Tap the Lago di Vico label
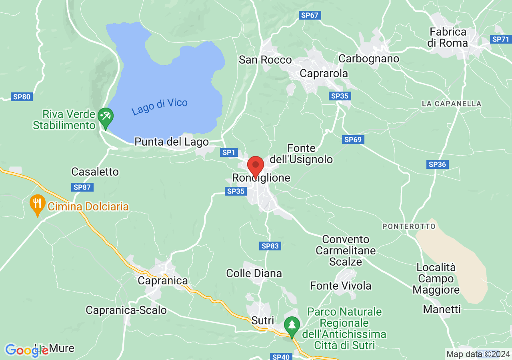pyautogui.click(x=160, y=107)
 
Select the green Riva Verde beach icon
pyautogui.click(x=106, y=117)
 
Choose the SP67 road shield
pyautogui.click(x=310, y=15)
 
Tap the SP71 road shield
pyautogui.click(x=500, y=39)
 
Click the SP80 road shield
pyautogui.click(x=22, y=96)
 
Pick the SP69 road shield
pyautogui.click(x=353, y=140)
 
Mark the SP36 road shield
pyautogui.click(x=437, y=164)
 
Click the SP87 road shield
pyautogui.click(x=83, y=187)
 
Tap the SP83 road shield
pyautogui.click(x=270, y=246)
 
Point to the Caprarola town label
pyautogui.click(x=324, y=74)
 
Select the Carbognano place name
pyautogui.click(x=369, y=58)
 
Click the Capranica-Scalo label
pyautogui.click(x=126, y=310)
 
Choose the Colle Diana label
pyautogui.click(x=254, y=274)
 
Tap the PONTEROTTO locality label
pyautogui.click(x=409, y=226)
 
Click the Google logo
pyautogui.click(x=27, y=350)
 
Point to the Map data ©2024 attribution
pyautogui.click(x=478, y=354)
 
